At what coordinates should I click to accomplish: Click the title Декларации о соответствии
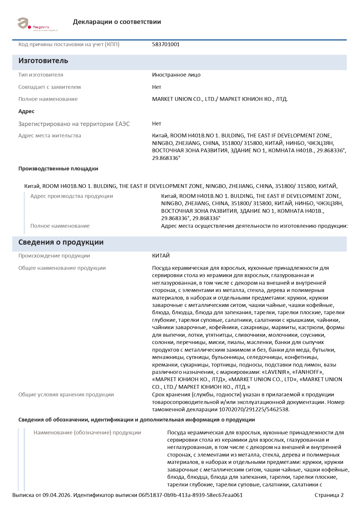117,22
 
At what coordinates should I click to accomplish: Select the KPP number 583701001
166,44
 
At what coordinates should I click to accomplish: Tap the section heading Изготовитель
43,61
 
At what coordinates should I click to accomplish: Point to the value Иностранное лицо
176,75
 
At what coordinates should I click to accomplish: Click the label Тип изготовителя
41,75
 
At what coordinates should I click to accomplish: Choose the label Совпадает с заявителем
50,87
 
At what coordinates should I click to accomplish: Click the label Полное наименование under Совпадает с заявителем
48,99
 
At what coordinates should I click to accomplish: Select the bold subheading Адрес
26,111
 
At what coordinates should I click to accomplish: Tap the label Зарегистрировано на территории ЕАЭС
74,124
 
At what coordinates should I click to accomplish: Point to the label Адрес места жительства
50,136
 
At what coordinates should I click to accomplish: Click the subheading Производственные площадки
58,169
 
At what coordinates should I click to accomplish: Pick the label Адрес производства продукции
72,196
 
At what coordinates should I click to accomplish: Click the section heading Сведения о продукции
61,242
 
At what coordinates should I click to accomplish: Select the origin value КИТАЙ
161,256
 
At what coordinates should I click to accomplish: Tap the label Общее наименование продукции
62,268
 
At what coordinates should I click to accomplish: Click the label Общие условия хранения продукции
66,395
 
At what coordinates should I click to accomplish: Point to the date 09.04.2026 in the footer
57,495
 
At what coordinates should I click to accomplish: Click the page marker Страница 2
329,495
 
